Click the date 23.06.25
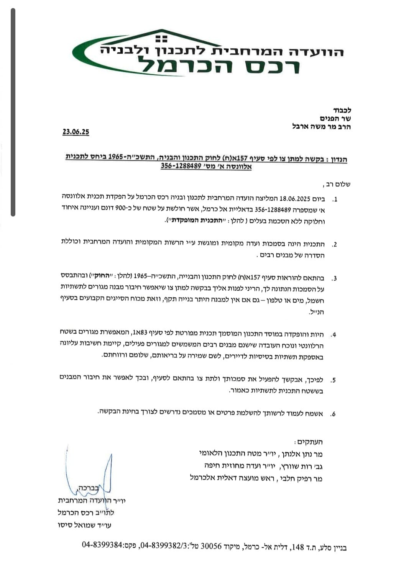tap(76, 132)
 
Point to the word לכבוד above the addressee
tap(341, 111)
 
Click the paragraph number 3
tap(334, 278)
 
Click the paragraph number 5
tap(333, 380)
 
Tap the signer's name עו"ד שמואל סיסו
tap(84, 525)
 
